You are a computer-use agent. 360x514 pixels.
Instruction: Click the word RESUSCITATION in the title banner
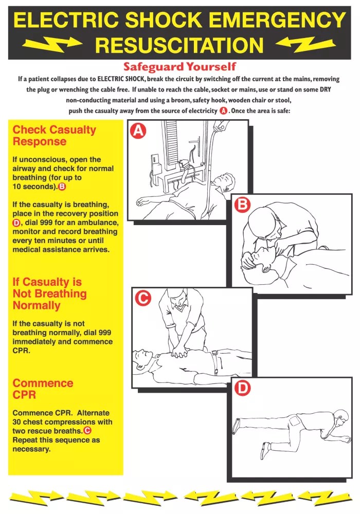pyautogui.click(x=179, y=45)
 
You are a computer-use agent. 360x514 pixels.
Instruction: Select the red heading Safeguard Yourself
pyautogui.click(x=179, y=67)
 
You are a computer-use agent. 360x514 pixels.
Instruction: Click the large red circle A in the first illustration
pyautogui.click(x=138, y=132)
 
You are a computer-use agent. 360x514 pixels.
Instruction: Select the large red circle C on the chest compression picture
pyautogui.click(x=142, y=298)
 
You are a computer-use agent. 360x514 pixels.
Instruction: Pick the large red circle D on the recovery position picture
pyautogui.click(x=242, y=389)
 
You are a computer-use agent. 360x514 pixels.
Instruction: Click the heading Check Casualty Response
pyautogui.click(x=54, y=135)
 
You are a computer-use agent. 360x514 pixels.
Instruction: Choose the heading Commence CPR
pyautogui.click(x=43, y=389)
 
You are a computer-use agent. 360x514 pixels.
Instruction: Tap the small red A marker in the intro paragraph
pyautogui.click(x=223, y=111)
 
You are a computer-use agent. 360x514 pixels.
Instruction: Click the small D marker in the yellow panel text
pyautogui.click(x=16, y=223)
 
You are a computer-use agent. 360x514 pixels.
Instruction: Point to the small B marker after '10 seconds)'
pyautogui.click(x=62, y=187)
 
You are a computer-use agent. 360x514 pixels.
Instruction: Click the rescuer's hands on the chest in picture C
pyautogui.click(x=180, y=351)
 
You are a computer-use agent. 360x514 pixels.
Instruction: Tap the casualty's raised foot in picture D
pyautogui.click(x=236, y=425)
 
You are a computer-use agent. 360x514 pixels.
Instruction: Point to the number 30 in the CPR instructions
pyautogui.click(x=18, y=422)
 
